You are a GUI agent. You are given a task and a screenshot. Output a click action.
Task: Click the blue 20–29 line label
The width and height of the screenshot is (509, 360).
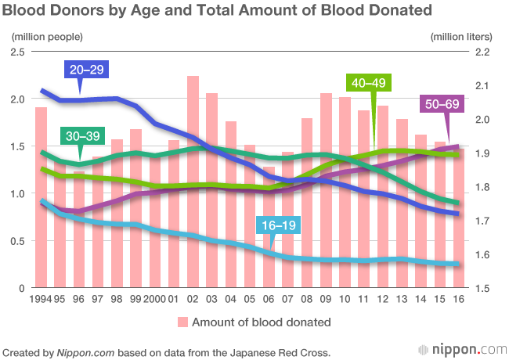point(88,70)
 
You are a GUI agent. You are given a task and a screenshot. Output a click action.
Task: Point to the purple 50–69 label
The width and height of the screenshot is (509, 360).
point(442,104)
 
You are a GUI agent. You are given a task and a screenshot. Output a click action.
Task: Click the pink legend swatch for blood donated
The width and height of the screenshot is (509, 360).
point(182,322)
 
